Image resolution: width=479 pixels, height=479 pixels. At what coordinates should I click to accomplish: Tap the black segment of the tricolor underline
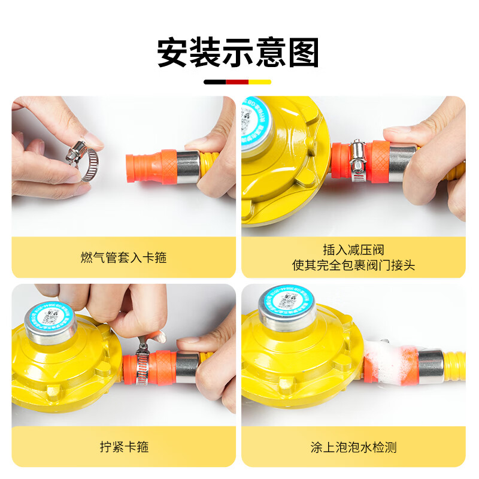(x=215, y=82)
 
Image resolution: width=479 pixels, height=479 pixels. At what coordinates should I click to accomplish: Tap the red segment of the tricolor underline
(x=238, y=82)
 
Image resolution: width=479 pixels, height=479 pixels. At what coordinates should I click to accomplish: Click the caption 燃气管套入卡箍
(x=123, y=257)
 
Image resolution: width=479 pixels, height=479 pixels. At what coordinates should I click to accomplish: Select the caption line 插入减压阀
(x=353, y=249)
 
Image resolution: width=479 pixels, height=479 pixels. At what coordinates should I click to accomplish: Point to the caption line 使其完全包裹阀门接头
(x=353, y=265)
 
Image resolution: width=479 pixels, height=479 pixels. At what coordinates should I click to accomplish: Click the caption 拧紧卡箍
(x=123, y=447)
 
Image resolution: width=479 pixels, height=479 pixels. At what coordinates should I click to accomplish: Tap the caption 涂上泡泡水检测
(x=353, y=447)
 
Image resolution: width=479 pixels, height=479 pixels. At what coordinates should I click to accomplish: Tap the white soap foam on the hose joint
(x=386, y=359)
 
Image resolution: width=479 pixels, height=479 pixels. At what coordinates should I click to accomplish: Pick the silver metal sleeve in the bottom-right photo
(x=431, y=366)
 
